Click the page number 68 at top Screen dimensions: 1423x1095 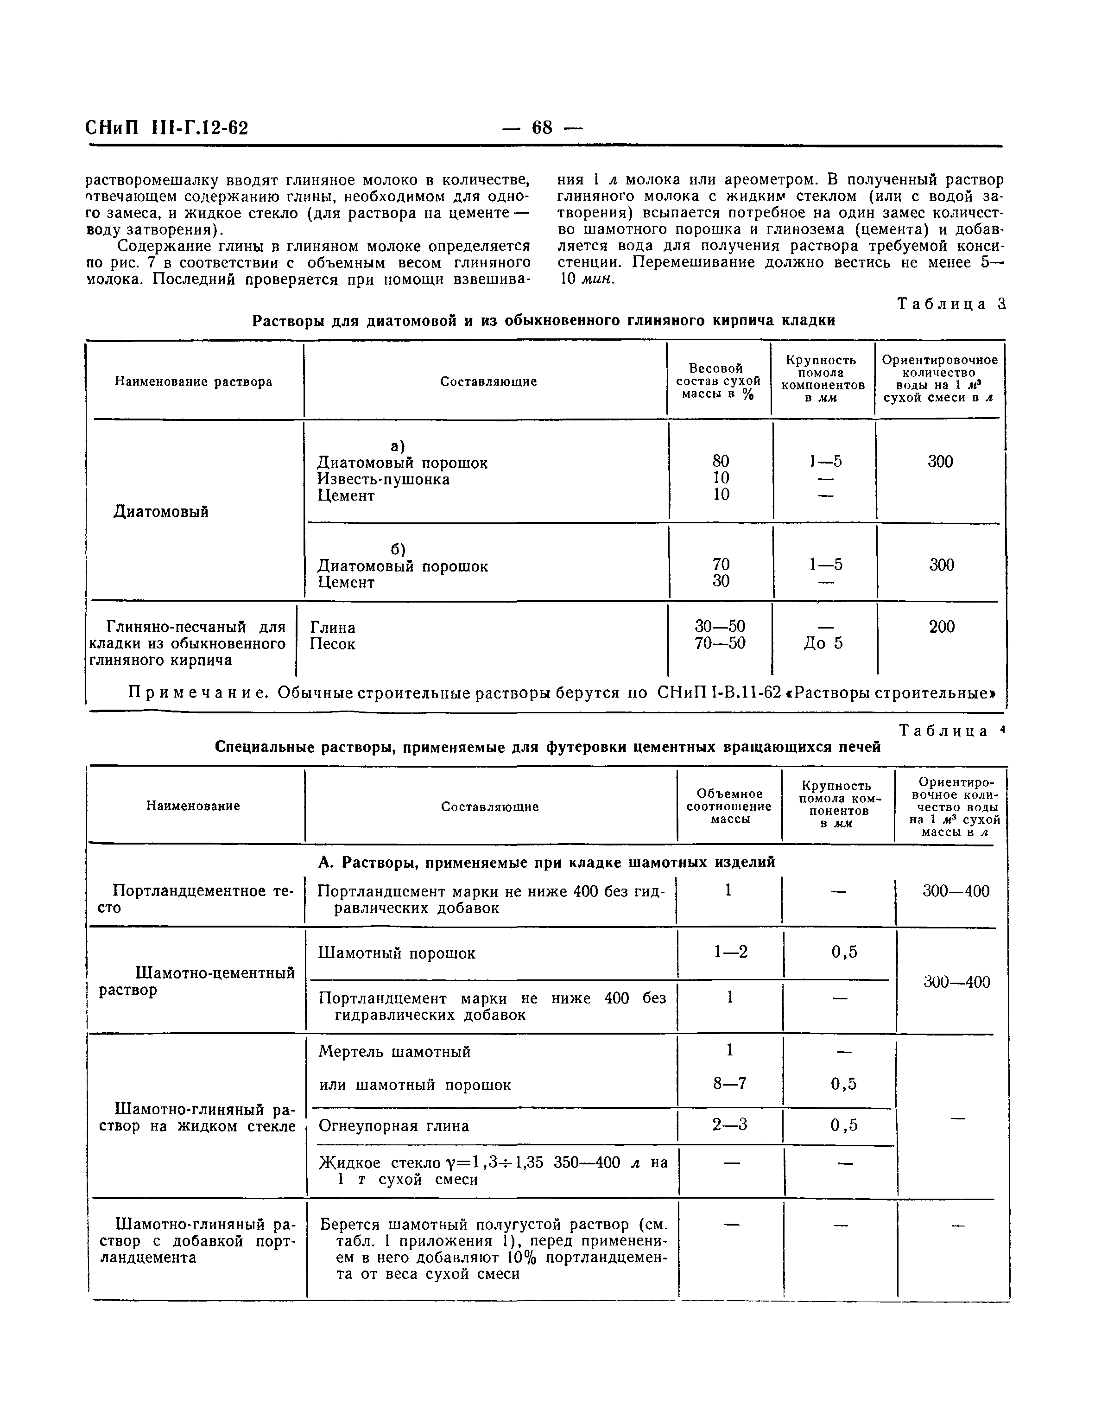point(542,128)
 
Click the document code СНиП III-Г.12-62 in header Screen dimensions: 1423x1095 point(167,128)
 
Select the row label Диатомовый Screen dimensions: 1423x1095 point(161,511)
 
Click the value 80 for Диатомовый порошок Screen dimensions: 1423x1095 point(721,461)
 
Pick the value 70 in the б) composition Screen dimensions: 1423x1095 point(721,564)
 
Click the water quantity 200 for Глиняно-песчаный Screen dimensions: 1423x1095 point(941,627)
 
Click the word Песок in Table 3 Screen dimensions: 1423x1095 point(332,644)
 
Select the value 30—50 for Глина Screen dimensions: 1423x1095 point(720,627)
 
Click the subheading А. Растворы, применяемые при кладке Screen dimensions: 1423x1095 point(546,863)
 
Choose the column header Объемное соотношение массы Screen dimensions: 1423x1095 point(729,806)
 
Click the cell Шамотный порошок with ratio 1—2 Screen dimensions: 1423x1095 point(397,953)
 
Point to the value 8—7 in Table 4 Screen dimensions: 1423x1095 point(729,1084)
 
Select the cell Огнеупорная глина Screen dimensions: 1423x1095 point(393,1126)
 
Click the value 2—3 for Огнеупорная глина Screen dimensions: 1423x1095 point(729,1124)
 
